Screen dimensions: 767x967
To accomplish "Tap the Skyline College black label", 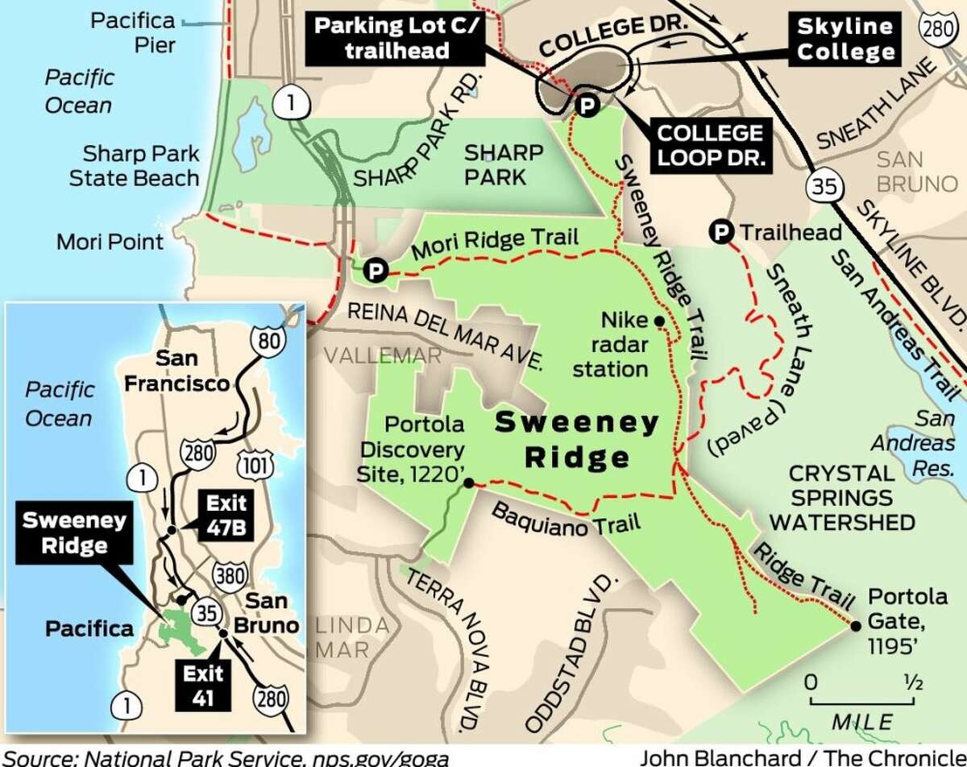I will pyautogui.click(x=846, y=39).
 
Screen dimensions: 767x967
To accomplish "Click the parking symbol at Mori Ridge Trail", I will pyautogui.click(x=374, y=271).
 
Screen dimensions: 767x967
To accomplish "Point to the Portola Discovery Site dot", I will pyautogui.click(x=469, y=483).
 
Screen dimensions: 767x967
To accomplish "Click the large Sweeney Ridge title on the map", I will pyautogui.click(x=576, y=439).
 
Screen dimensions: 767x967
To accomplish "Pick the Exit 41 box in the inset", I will pyautogui.click(x=203, y=685).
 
